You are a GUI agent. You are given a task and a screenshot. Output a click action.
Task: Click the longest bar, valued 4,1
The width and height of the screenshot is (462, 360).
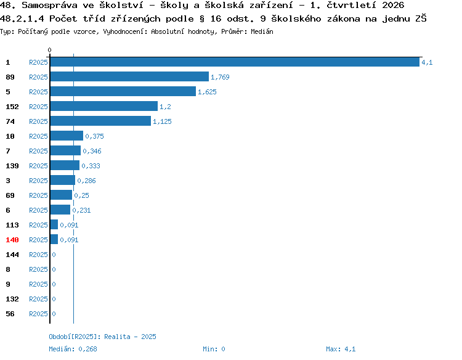click(x=235, y=62)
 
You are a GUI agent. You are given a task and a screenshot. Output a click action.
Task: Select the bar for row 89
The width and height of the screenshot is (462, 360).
click(x=129, y=76)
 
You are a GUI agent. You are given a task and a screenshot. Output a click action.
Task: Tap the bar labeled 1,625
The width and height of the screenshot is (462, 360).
click(x=123, y=91)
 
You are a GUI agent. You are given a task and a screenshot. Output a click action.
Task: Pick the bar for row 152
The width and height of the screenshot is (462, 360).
click(x=103, y=106)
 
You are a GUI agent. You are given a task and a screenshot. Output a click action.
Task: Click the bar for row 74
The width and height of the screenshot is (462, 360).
click(x=100, y=121)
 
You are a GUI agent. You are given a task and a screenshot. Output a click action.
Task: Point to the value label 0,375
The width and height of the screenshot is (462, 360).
click(x=94, y=136)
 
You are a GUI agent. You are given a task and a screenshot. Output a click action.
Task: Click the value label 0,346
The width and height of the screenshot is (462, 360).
click(x=92, y=151)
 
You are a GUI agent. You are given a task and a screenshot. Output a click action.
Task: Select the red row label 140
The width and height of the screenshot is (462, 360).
click(x=12, y=240)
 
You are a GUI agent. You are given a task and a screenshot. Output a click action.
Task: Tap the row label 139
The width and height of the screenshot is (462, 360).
click(x=12, y=166)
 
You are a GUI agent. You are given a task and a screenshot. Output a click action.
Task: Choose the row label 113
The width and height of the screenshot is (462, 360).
click(x=12, y=225)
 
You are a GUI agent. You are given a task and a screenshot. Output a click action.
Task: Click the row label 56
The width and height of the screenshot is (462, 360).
click(x=10, y=314)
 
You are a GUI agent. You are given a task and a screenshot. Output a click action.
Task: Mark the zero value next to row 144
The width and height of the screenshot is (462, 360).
click(x=54, y=255)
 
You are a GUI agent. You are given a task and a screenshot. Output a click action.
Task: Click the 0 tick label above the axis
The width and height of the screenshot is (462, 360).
click(x=49, y=50)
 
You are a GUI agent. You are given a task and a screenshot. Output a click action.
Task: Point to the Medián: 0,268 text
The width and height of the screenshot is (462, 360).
click(x=73, y=349)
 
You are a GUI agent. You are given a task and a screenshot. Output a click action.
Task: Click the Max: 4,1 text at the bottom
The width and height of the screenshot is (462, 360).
click(x=341, y=349)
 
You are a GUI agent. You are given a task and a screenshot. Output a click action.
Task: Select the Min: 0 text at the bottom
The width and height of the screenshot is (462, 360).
click(x=214, y=349)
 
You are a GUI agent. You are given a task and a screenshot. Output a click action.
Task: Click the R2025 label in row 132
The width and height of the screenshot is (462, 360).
click(x=38, y=299)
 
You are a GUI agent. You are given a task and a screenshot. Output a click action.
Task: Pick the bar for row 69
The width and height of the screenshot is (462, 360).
click(x=61, y=195)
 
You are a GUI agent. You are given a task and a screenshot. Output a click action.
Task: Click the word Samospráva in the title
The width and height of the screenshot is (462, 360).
click(x=49, y=6)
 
